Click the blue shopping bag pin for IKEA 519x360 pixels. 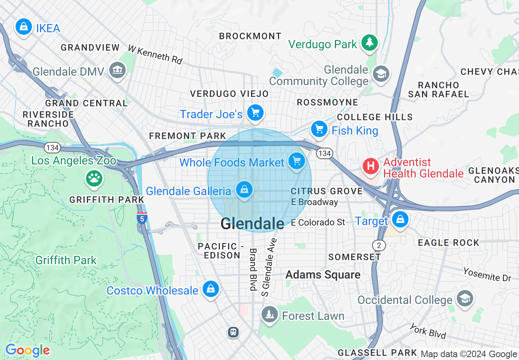[x=24, y=27]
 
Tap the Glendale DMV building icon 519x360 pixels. [x=117, y=71]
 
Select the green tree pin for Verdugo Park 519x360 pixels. [x=370, y=43]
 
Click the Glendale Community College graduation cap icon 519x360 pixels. [x=381, y=74]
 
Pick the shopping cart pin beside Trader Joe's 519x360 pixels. [x=255, y=113]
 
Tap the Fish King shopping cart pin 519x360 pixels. [x=319, y=130]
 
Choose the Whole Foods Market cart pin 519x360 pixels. [x=297, y=162]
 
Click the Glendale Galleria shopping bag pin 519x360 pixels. [x=244, y=190]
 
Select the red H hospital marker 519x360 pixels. [x=371, y=166]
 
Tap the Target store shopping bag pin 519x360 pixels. [x=400, y=220]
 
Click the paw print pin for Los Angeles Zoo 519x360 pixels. [x=94, y=178]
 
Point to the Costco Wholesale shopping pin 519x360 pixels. [x=210, y=289]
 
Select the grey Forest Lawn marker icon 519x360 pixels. [x=269, y=315]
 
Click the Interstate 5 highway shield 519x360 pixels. [x=142, y=218]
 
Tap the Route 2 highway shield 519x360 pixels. [x=379, y=245]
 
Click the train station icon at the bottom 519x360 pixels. [x=233, y=332]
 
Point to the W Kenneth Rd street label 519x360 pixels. [x=155, y=54]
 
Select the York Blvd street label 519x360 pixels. [x=428, y=331]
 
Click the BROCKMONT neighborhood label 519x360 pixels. [x=250, y=36]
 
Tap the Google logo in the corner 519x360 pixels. [x=27, y=351]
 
